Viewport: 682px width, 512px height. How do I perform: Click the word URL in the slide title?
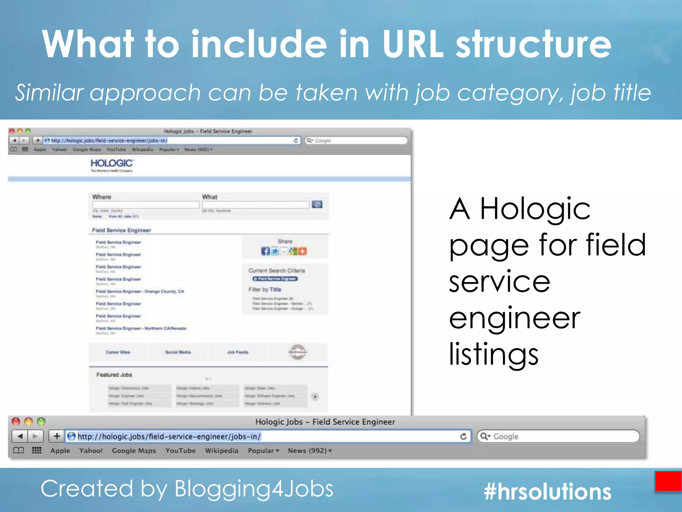point(413,44)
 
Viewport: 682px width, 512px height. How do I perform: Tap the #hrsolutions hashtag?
point(547,491)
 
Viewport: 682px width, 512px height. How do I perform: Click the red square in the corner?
point(668,481)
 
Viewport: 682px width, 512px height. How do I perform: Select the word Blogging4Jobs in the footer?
point(254,489)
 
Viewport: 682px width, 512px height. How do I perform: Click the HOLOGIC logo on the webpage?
point(112,164)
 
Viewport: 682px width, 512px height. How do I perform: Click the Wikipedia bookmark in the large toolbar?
point(221,451)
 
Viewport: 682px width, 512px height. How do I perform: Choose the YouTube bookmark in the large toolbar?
point(180,451)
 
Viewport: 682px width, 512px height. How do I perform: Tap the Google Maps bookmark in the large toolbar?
point(134,451)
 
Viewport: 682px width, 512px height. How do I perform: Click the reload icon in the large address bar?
point(463,436)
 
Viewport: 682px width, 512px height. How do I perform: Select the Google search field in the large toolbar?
point(563,436)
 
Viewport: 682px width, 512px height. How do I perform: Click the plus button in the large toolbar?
point(57,436)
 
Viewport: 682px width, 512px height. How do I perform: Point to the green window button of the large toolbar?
point(41,422)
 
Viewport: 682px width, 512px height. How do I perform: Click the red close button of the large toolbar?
point(16,422)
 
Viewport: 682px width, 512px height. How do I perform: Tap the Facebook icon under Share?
point(265,251)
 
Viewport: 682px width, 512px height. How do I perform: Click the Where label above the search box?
point(102,197)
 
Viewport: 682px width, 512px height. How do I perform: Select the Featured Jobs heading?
point(114,375)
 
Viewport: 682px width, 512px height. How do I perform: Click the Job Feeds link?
point(237,352)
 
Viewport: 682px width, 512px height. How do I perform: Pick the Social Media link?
point(178,352)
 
